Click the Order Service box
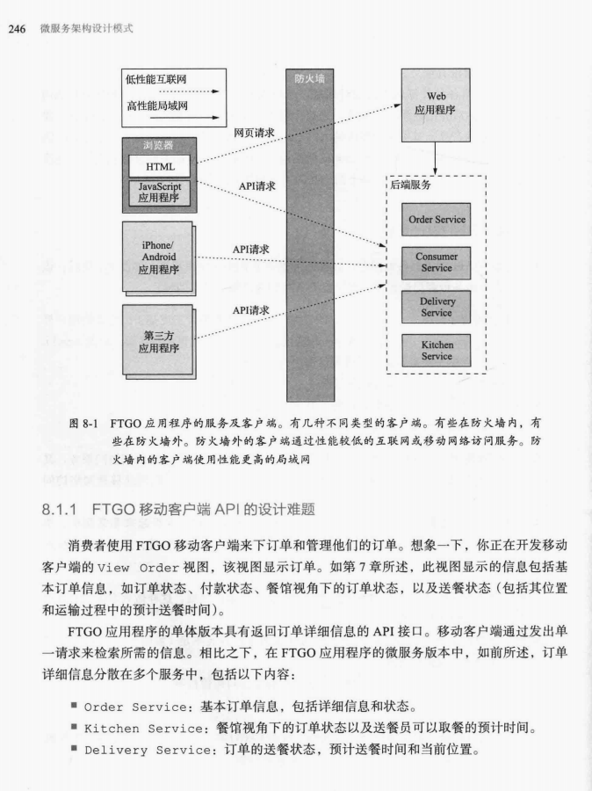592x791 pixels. click(437, 220)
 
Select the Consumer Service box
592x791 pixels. click(437, 262)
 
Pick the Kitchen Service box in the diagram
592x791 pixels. click(437, 351)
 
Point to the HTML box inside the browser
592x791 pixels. click(159, 166)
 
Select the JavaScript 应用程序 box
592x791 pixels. click(159, 192)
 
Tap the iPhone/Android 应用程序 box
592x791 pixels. click(158, 257)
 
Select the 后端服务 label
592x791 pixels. click(409, 186)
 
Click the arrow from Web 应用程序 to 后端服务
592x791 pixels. click(436, 158)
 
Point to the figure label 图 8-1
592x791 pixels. click(86, 422)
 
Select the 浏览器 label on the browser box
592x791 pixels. click(159, 145)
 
